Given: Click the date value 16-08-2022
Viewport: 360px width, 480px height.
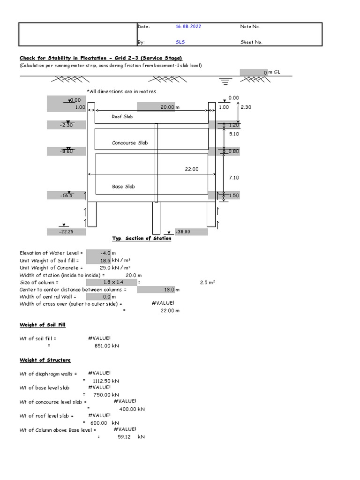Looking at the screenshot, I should [188, 27].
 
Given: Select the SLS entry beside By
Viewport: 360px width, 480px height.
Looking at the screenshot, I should [180, 42].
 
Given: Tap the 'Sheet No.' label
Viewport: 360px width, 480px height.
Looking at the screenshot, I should [251, 42].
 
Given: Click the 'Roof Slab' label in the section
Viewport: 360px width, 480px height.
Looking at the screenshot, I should [122, 116].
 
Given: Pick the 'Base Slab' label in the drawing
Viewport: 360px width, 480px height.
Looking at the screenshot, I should [123, 187].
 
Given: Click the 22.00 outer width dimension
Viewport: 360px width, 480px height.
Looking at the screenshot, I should [192, 169].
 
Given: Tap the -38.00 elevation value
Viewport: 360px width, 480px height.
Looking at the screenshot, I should [183, 232].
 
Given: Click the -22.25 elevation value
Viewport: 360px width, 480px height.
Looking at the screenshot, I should [66, 232].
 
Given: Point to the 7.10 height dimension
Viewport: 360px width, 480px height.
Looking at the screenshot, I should [233, 178].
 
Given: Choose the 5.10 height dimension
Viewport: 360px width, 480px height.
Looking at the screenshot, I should [233, 134].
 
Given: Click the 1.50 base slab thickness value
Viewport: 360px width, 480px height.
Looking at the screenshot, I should [233, 195].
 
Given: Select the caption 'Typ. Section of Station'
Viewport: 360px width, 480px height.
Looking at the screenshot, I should [142, 239].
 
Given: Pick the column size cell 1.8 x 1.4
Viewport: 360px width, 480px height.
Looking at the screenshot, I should [111, 283].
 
